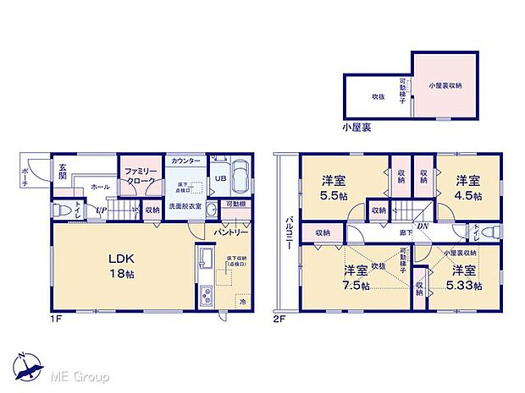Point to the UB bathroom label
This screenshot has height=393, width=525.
[x=218, y=178]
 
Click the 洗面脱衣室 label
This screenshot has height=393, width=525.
[x=183, y=206]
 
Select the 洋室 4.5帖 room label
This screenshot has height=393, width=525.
[x=468, y=186]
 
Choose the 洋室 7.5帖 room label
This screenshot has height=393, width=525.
[x=355, y=277]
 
